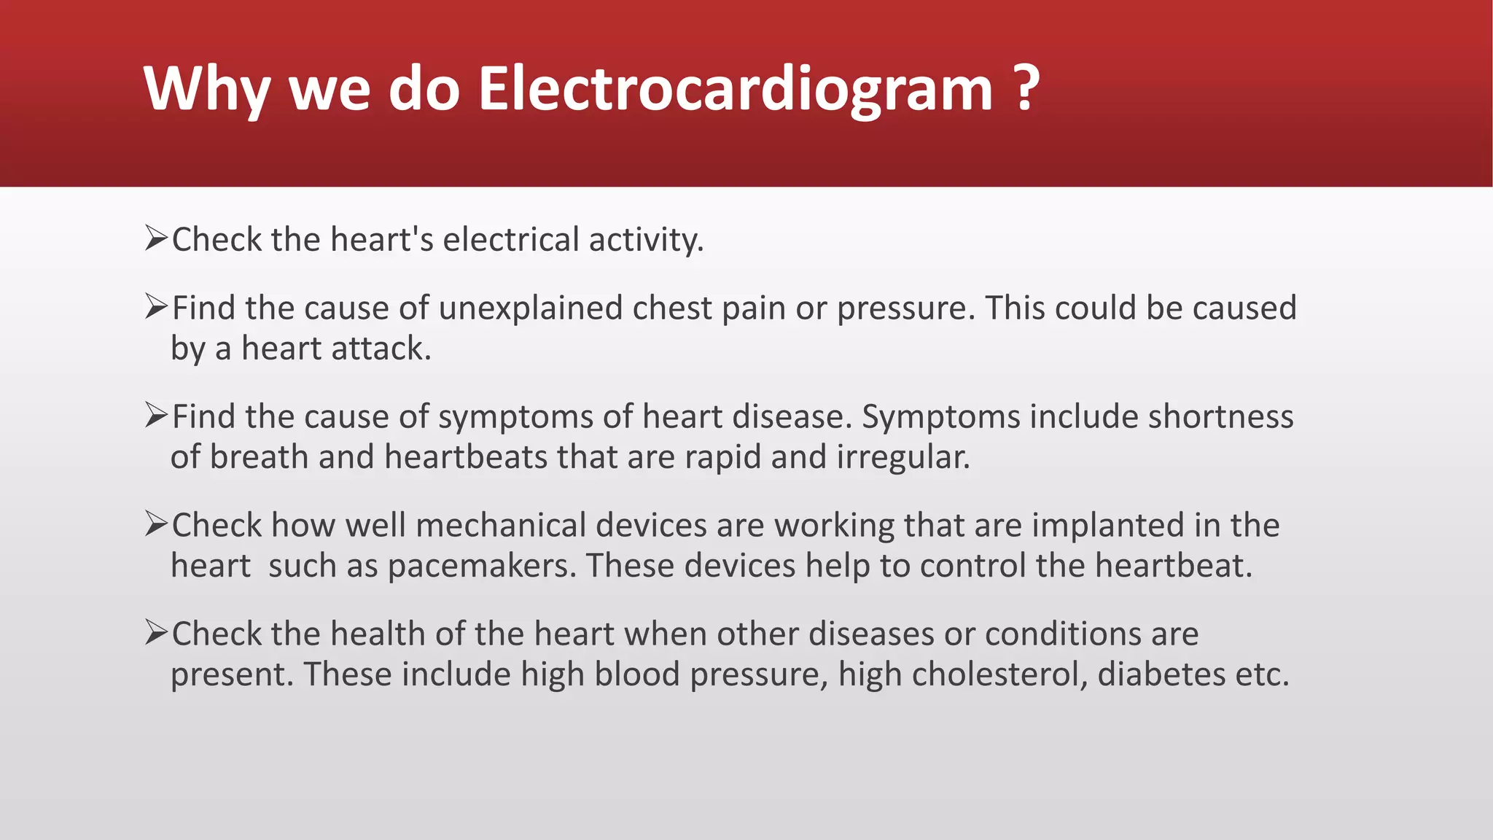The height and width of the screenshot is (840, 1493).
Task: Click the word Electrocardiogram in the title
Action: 735,89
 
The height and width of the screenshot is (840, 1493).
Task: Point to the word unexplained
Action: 531,308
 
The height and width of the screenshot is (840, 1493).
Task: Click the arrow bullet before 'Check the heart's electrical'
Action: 157,238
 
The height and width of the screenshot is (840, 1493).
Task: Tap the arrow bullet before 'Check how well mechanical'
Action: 157,524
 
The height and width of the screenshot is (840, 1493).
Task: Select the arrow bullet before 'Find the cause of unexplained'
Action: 157,306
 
